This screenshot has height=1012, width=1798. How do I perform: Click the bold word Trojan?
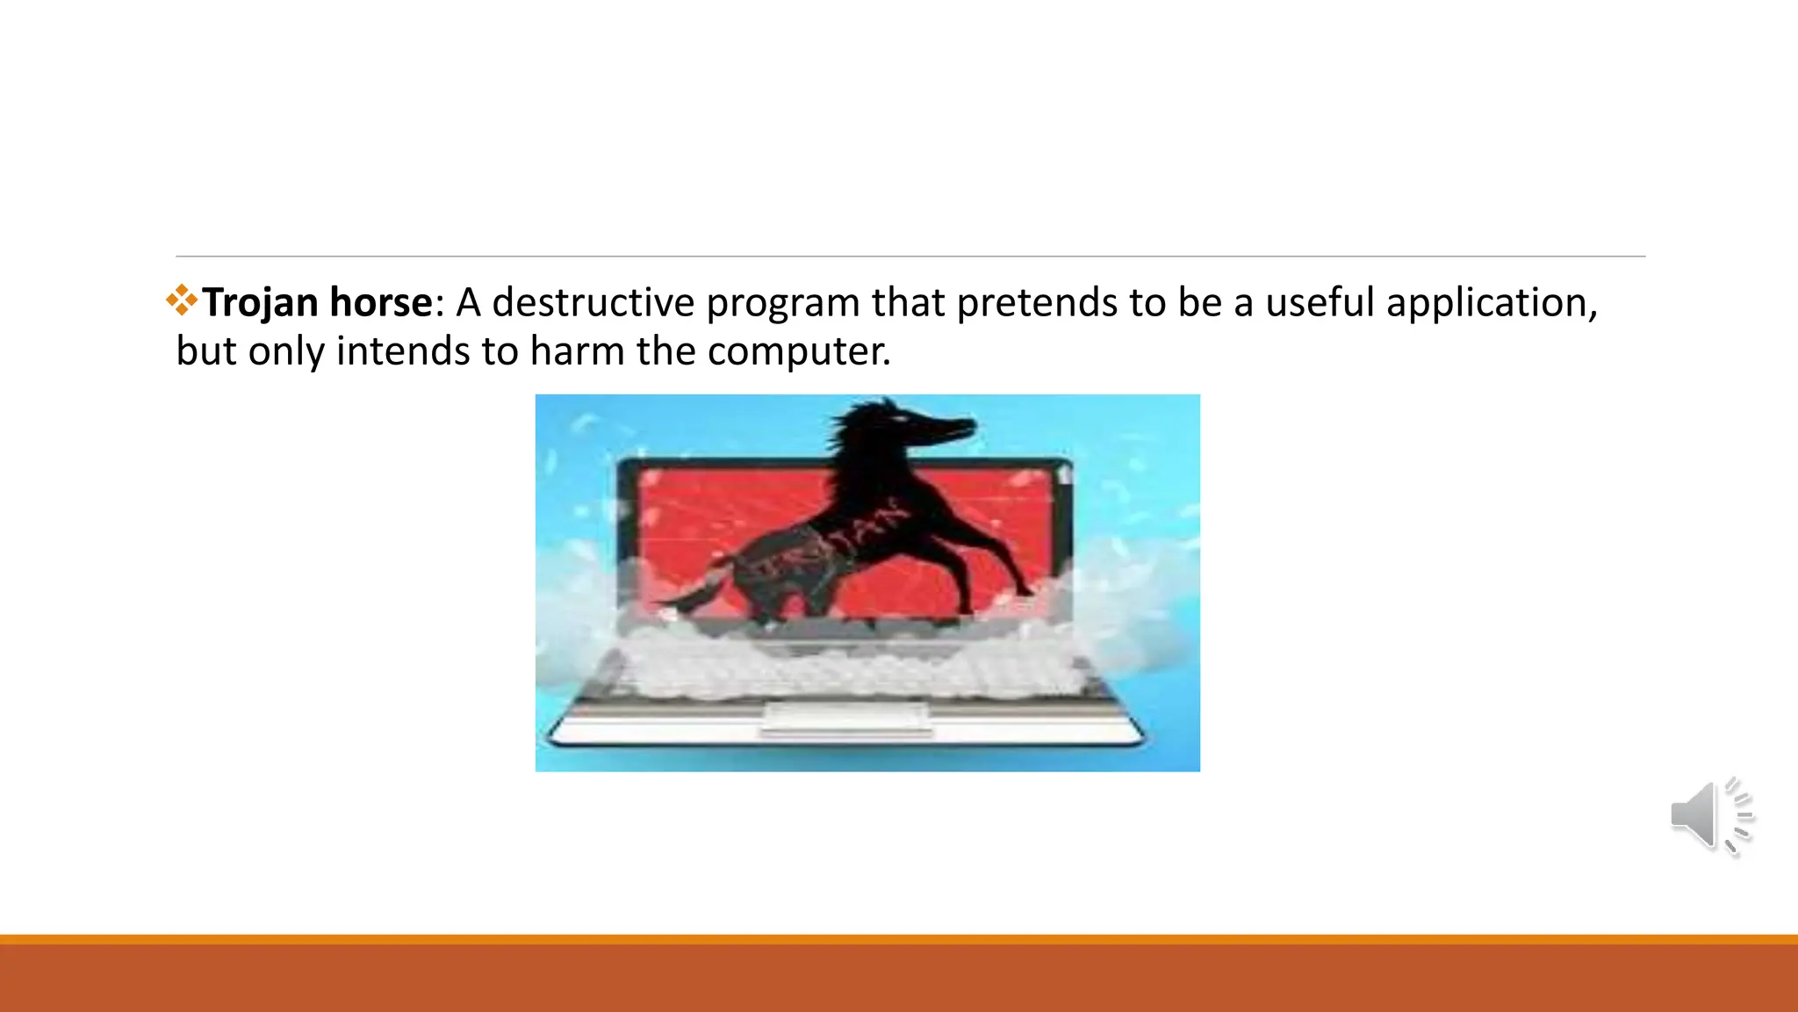(x=260, y=303)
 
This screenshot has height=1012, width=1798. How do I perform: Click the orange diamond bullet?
(x=182, y=300)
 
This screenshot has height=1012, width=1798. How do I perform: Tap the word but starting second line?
(x=206, y=351)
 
